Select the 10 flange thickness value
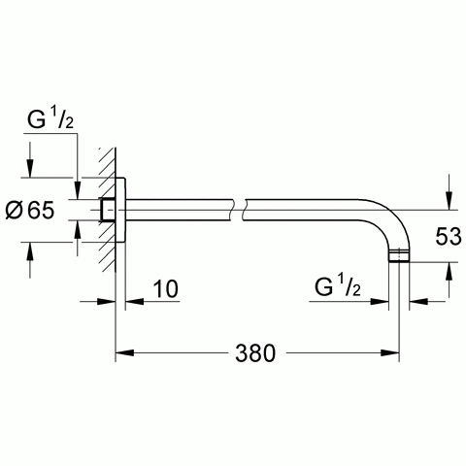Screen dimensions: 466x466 coord(166,288)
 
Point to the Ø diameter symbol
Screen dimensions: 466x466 coord(18,210)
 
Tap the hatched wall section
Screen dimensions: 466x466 coord(105,209)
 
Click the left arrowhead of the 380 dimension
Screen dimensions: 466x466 coord(123,351)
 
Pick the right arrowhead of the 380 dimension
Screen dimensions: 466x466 coord(396,351)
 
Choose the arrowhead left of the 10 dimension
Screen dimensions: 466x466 coord(110,301)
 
